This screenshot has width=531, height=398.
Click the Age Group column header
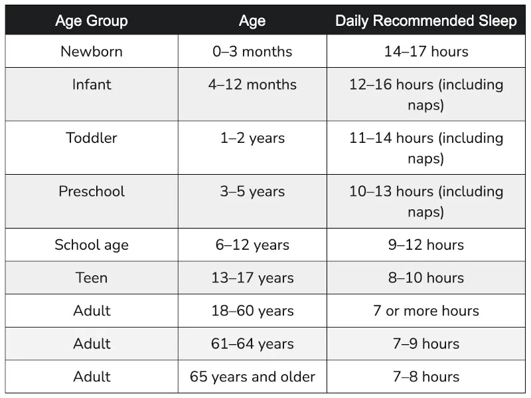click(92, 21)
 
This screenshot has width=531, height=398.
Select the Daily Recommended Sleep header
click(426, 21)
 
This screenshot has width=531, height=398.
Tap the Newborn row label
click(92, 51)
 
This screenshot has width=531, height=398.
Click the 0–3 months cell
click(252, 51)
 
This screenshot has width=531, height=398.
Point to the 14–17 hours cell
click(426, 51)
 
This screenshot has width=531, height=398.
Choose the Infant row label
click(92, 84)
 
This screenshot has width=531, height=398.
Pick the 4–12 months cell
click(252, 84)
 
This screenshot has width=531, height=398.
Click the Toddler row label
click(92, 138)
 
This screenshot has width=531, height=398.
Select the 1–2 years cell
click(252, 138)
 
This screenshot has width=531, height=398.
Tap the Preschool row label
click(92, 191)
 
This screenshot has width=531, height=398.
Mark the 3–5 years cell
click(252, 191)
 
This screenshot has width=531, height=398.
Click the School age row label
click(92, 245)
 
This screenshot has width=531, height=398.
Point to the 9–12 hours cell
click(426, 245)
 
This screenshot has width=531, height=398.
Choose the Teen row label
click(92, 278)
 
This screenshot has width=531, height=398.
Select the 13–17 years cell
click(252, 278)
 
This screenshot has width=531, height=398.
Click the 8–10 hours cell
click(426, 278)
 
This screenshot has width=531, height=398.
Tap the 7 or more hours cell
click(426, 310)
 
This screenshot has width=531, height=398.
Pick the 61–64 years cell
click(252, 344)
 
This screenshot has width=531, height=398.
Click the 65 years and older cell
click(252, 377)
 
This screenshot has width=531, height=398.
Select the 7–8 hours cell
click(426, 377)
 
